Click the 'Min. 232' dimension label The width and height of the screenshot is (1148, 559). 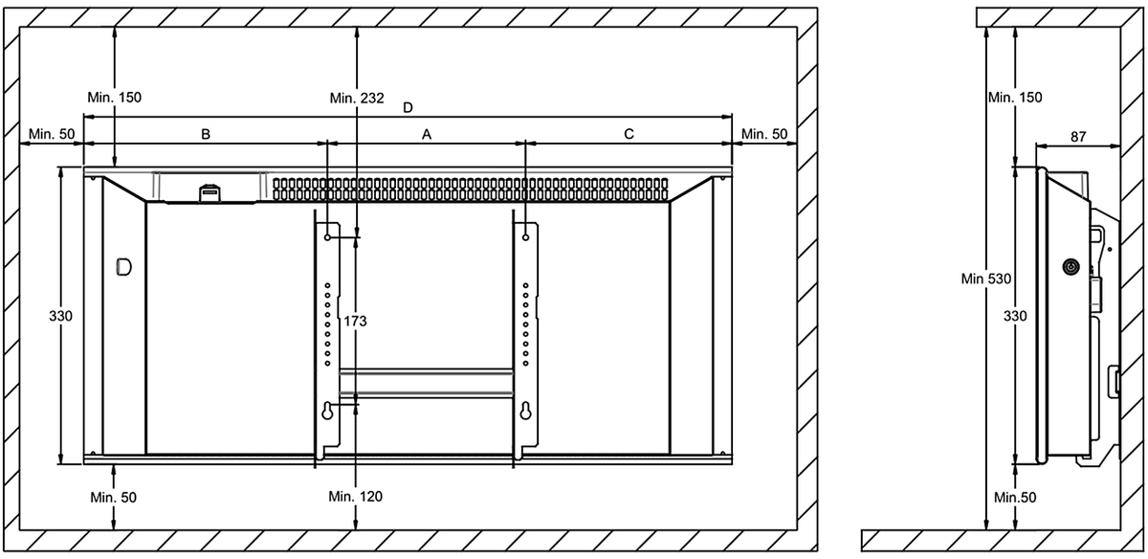(x=357, y=98)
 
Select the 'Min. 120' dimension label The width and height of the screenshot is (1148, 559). (x=355, y=497)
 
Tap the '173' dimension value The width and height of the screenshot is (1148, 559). (x=355, y=321)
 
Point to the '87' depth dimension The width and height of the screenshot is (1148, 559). (x=1078, y=137)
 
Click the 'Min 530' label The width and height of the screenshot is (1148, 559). (x=986, y=279)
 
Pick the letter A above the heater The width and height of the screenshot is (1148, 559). (x=427, y=134)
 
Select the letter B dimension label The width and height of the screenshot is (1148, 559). (x=206, y=134)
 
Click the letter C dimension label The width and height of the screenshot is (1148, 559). (x=629, y=134)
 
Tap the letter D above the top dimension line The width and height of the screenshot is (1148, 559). (x=408, y=108)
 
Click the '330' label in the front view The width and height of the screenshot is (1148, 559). (x=60, y=316)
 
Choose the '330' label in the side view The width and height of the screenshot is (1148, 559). (x=1015, y=316)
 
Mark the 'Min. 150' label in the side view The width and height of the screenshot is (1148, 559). (x=1015, y=98)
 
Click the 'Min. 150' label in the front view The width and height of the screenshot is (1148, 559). (x=114, y=98)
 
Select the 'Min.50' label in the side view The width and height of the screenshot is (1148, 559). (x=1015, y=498)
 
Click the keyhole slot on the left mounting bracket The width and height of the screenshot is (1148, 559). (x=327, y=412)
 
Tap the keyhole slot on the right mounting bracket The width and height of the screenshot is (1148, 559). (x=525, y=412)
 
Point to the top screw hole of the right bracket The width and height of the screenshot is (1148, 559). (x=525, y=237)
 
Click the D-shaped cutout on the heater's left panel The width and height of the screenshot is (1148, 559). (x=123, y=267)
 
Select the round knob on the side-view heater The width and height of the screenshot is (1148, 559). (x=1071, y=267)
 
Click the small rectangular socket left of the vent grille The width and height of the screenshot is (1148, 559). (x=210, y=192)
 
